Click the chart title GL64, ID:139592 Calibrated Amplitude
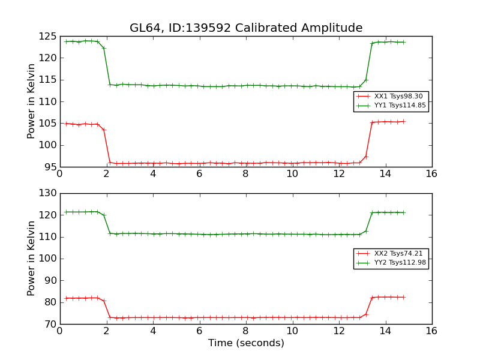pyautogui.click(x=246, y=28)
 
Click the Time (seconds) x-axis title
pyautogui.click(x=246, y=343)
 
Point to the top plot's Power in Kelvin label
pyautogui.click(x=32, y=101)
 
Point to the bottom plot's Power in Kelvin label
pyautogui.click(x=32, y=259)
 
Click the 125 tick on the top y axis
pyautogui.click(x=49, y=37)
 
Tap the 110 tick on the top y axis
pyautogui.click(x=49, y=101)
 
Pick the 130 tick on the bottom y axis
pyautogui.click(x=49, y=193)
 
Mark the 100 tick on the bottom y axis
pyautogui.click(x=49, y=259)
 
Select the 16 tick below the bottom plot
pyautogui.click(x=431, y=331)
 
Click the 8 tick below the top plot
pyautogui.click(x=245, y=174)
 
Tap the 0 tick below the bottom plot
pyautogui.click(x=59, y=331)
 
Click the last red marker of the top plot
pyautogui.click(x=403, y=121)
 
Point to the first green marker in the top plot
pyautogui.click(x=66, y=41)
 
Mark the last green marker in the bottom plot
pyautogui.click(x=403, y=212)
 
